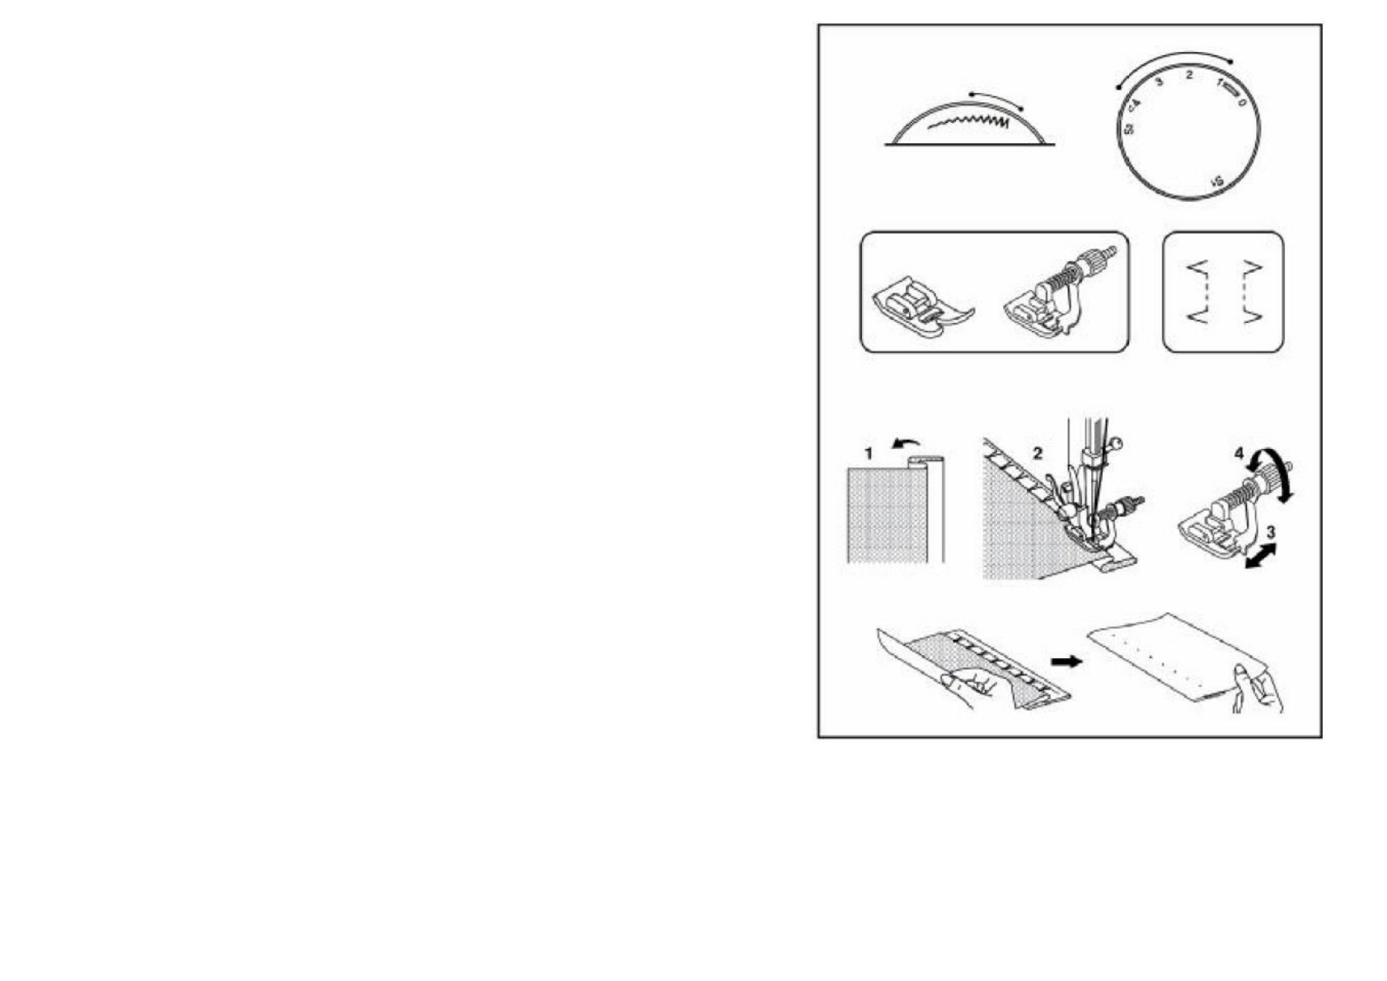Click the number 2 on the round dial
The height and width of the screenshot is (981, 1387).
tap(1188, 76)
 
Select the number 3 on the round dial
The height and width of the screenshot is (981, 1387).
tap(1160, 82)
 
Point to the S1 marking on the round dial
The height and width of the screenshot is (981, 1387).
tap(1217, 180)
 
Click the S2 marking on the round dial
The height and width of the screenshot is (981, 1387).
tap(1129, 129)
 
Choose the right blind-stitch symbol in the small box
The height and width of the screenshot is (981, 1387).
tap(1249, 292)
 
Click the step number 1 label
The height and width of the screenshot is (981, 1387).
tap(868, 454)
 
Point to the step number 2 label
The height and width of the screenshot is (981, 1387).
tap(1038, 453)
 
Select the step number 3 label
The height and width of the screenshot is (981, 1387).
tap(1271, 533)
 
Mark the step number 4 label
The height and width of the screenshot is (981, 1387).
tap(1239, 454)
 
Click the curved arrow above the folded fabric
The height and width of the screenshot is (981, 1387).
tap(907, 445)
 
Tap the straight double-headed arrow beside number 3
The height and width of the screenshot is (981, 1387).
tap(1259, 556)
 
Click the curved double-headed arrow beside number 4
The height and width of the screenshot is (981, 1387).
tap(1273, 474)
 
